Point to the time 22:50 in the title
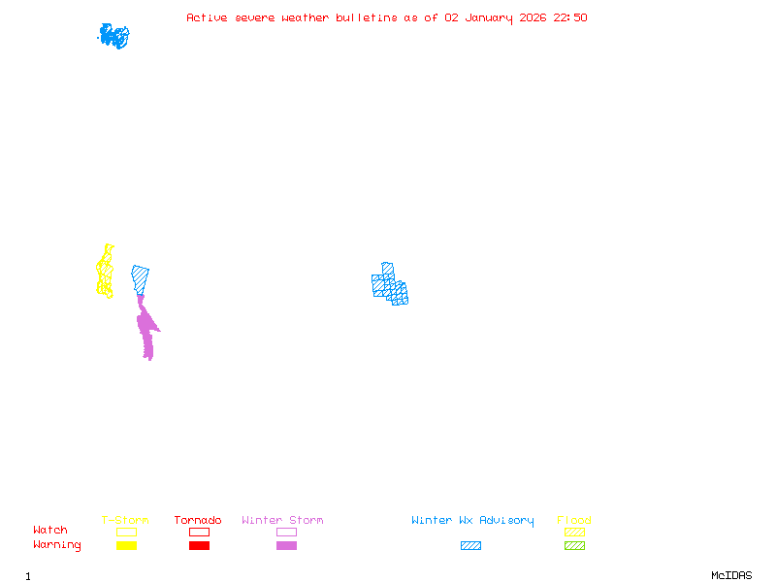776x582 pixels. coord(570,17)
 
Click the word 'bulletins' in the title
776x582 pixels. coord(367,17)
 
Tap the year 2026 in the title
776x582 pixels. coord(534,17)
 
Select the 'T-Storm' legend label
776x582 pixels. coord(125,521)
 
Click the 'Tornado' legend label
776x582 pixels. coord(198,521)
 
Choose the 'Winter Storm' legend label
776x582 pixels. coord(282,521)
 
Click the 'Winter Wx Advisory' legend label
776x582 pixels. coord(472,521)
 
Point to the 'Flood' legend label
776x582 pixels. coord(574,521)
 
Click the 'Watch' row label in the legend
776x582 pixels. coord(50,531)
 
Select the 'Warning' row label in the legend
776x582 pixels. coord(57,545)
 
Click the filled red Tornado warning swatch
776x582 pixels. coord(199,546)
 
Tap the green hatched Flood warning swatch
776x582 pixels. coord(574,546)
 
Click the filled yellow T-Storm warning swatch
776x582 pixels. coord(126,546)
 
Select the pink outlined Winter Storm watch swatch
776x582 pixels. coord(286,532)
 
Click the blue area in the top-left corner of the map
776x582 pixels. coord(113,36)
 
